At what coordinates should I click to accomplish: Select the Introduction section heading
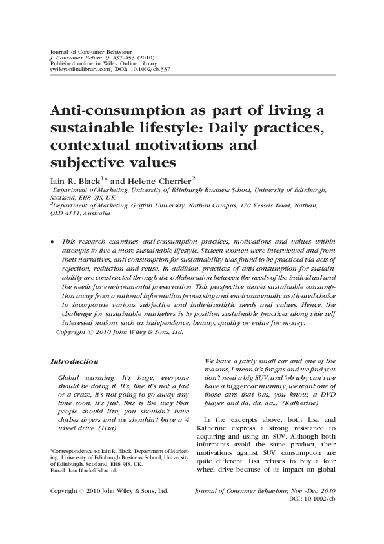pos(74,361)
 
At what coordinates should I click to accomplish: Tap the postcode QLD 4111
pos(64,214)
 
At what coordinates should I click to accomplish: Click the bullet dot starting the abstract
pos(52,240)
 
